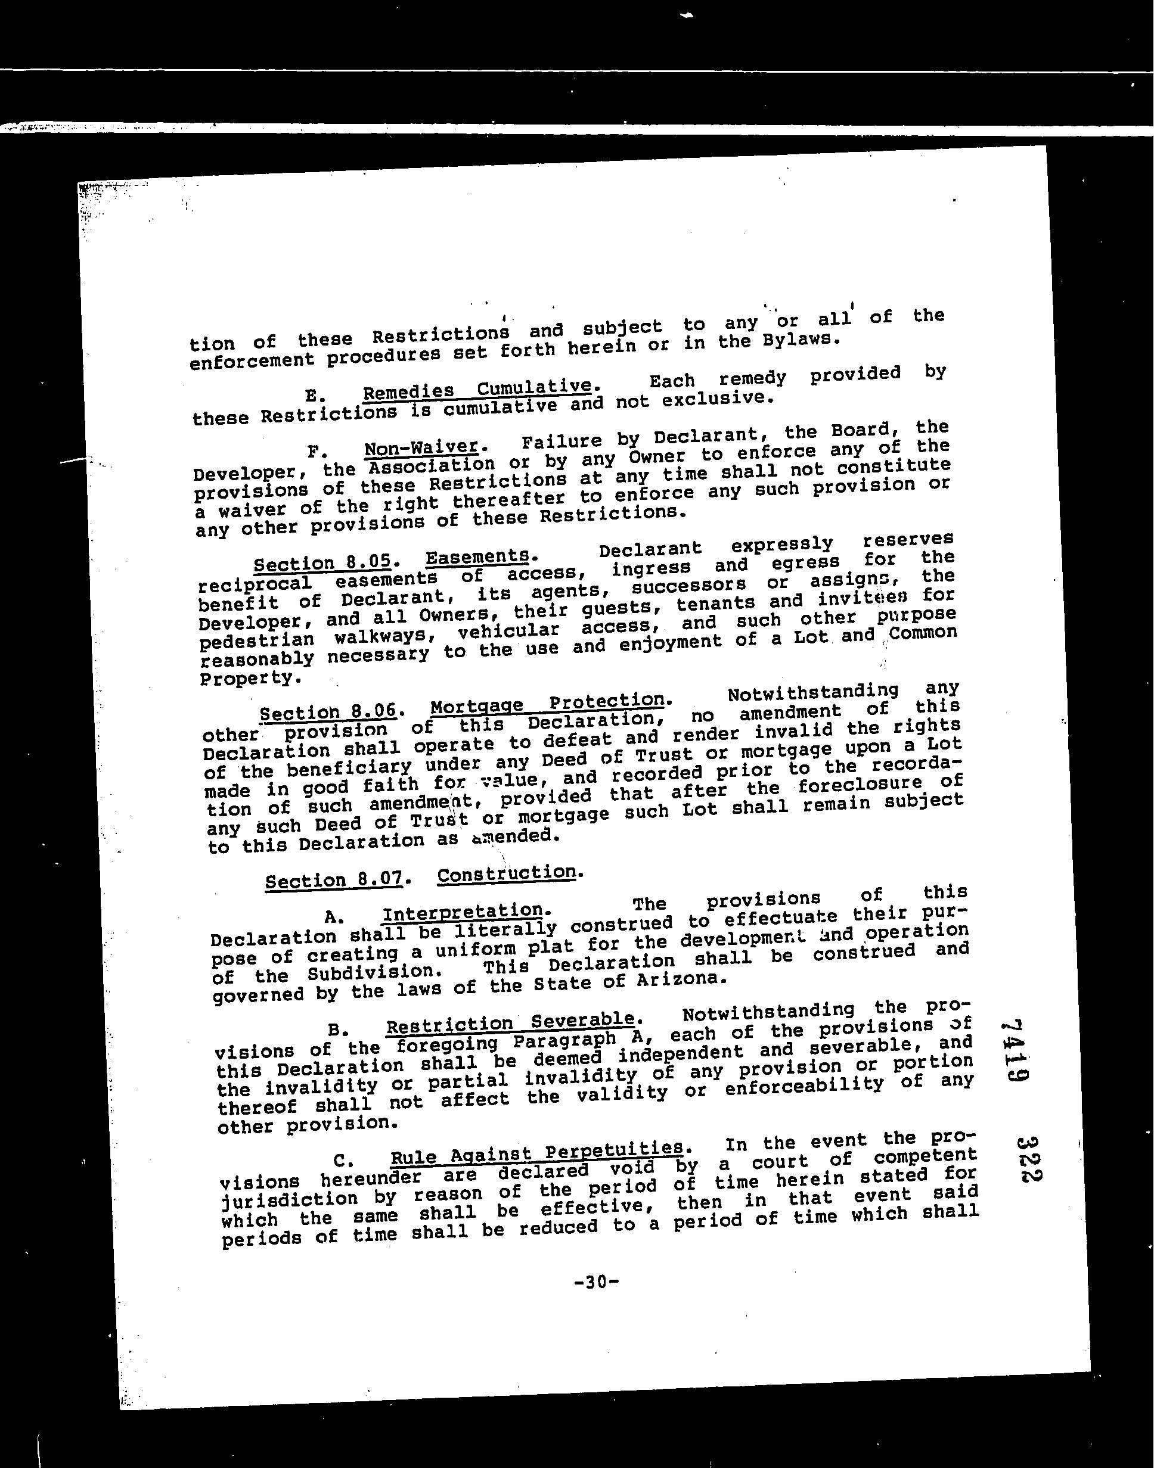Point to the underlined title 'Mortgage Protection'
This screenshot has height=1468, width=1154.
click(x=547, y=704)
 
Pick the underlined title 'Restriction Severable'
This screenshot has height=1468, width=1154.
click(x=511, y=1024)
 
